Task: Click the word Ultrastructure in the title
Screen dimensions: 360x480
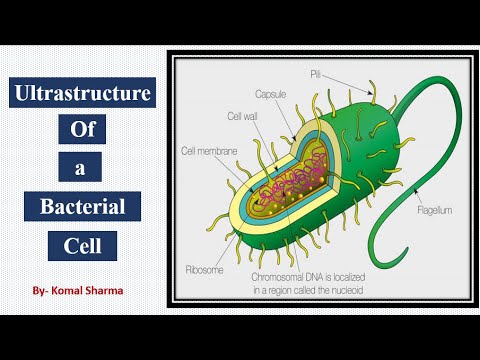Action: tap(83, 96)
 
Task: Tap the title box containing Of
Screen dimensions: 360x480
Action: tap(83, 130)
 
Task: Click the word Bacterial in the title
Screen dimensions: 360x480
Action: tap(83, 208)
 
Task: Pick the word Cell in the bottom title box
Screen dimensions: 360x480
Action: tap(83, 244)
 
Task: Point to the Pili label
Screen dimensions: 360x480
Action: tap(342, 73)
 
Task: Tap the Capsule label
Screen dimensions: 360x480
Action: tap(271, 95)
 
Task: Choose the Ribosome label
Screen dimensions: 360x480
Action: tap(205, 270)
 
